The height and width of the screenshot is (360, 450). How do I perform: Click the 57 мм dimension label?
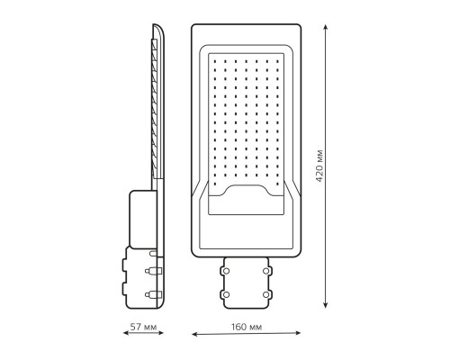click(x=143, y=327)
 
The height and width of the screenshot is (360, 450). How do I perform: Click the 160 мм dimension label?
click(x=247, y=327)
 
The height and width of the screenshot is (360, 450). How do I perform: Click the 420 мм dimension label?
click(x=319, y=166)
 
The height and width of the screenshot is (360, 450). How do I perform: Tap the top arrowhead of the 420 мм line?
click(x=326, y=28)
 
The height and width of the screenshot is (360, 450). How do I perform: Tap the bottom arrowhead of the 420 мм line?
click(x=326, y=305)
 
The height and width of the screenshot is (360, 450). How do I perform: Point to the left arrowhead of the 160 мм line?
click(x=194, y=334)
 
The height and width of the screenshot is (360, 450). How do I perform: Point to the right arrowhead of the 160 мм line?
click(x=297, y=333)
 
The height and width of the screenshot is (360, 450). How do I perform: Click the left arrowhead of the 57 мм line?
click(x=126, y=333)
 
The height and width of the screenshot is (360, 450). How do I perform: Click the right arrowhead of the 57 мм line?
click(x=160, y=332)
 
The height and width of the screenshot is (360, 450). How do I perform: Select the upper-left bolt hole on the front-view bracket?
click(x=226, y=271)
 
